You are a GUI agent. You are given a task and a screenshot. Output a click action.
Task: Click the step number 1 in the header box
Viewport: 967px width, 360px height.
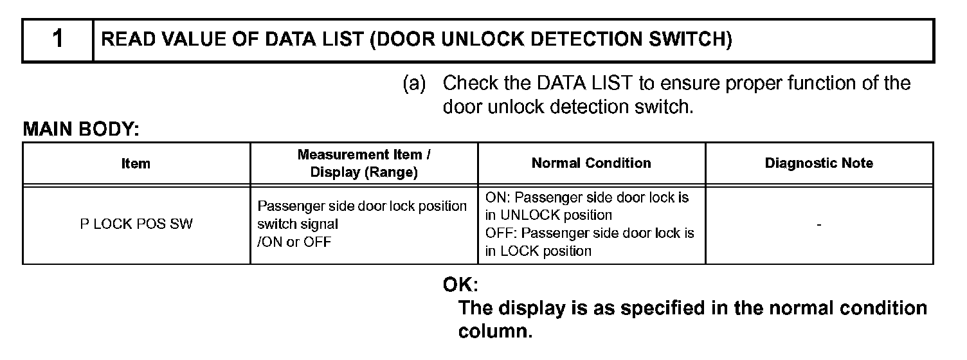tap(57, 40)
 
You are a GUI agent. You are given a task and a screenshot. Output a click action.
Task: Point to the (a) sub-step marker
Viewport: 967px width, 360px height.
tap(415, 84)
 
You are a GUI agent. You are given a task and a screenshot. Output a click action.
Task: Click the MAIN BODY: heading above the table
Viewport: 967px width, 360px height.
tap(81, 129)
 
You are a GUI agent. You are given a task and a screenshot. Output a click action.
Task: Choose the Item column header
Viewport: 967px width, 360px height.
tap(136, 164)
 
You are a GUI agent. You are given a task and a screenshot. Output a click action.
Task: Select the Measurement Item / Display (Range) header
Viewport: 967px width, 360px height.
tap(364, 163)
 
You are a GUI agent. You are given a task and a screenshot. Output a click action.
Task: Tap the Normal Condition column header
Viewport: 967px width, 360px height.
tap(591, 163)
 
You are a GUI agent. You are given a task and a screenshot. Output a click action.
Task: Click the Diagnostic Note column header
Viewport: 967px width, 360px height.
tap(818, 163)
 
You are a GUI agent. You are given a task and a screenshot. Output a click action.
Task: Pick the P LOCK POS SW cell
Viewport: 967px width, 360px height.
tap(136, 224)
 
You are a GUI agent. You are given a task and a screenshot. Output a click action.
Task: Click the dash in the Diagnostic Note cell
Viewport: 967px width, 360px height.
tap(818, 224)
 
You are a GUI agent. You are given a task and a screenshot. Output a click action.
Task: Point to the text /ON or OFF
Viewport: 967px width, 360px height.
tap(294, 243)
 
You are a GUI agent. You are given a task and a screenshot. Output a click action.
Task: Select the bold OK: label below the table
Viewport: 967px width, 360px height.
tap(461, 283)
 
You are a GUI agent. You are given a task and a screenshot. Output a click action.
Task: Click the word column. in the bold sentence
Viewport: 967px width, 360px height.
tap(494, 332)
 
